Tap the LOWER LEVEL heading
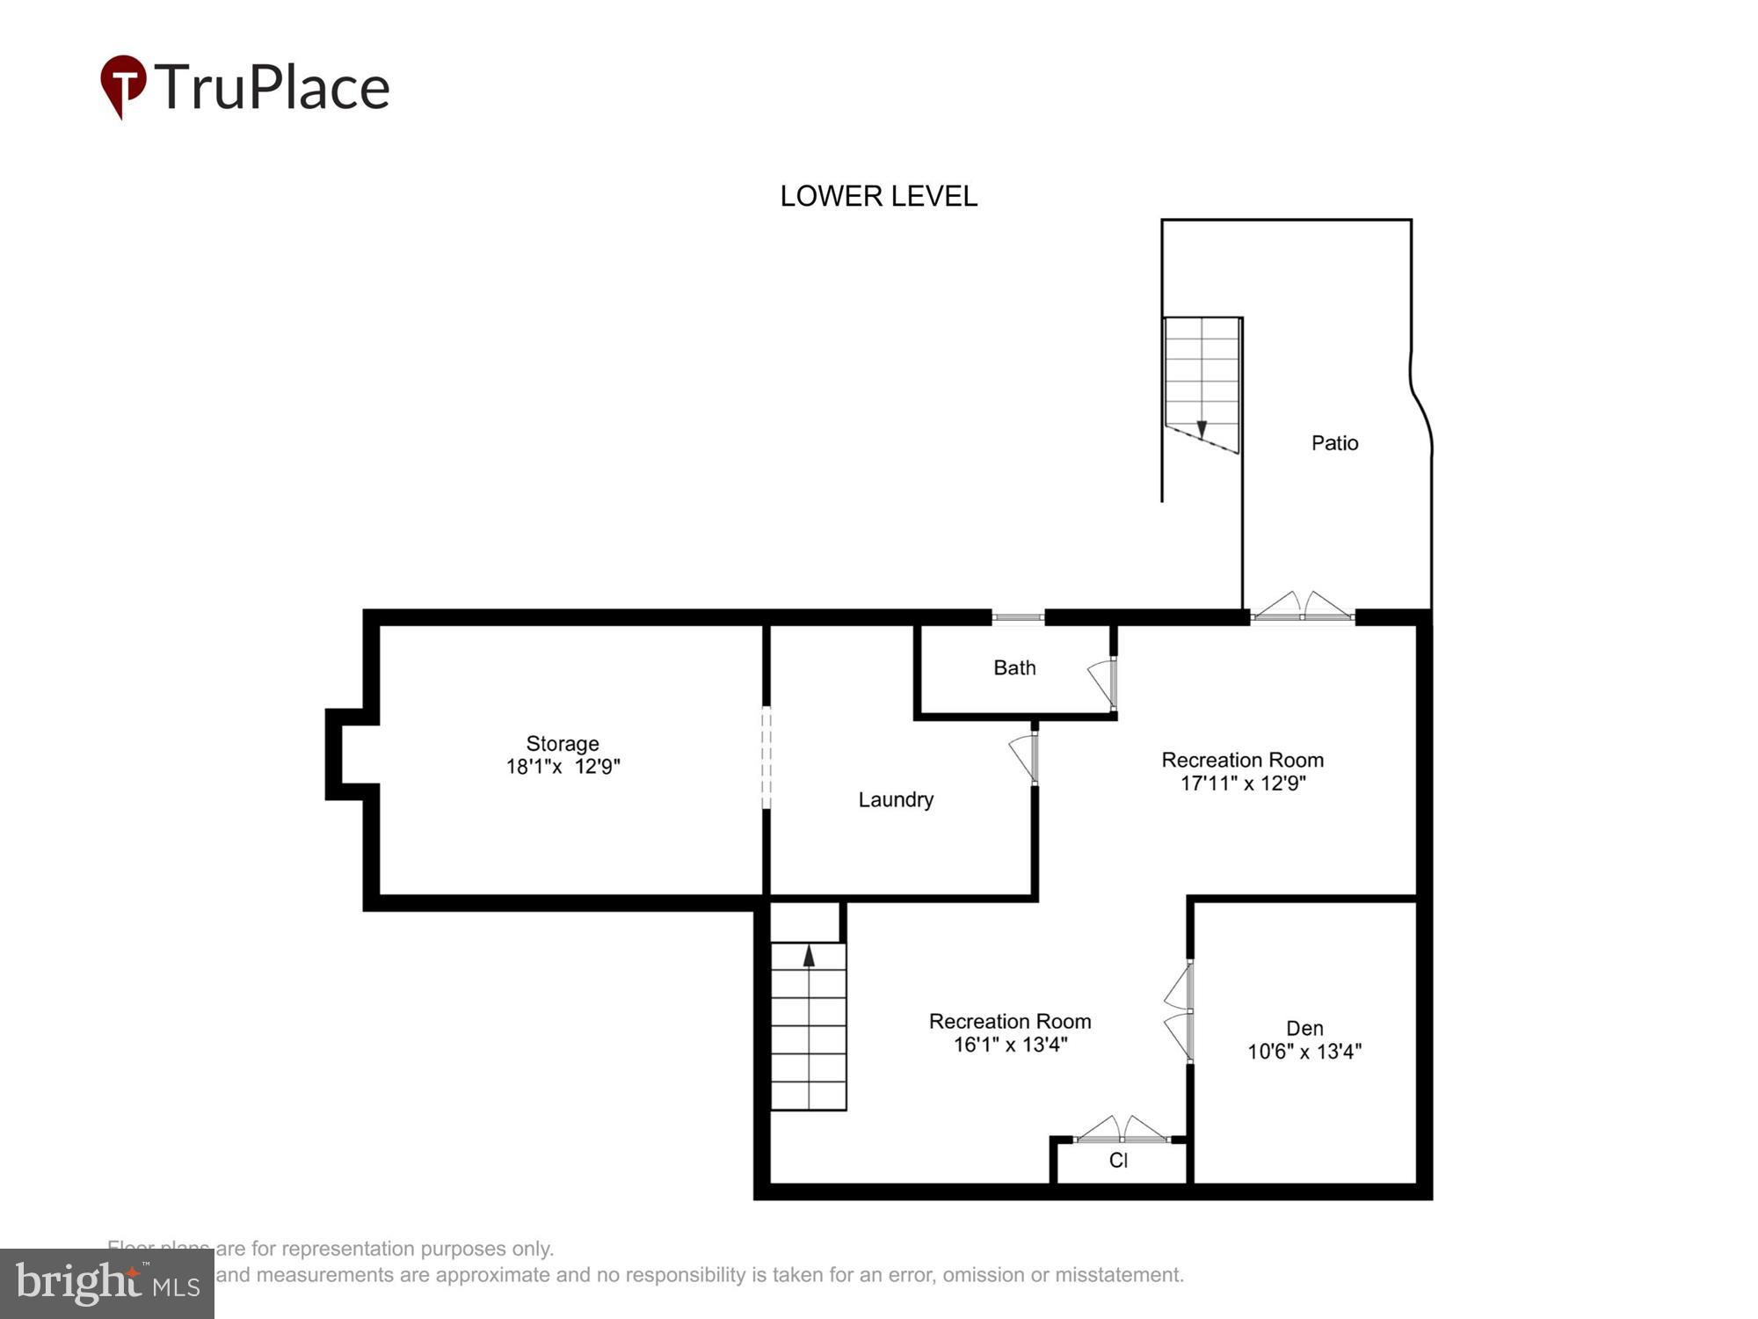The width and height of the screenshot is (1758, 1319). [878, 196]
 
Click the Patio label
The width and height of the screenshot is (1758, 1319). [1334, 443]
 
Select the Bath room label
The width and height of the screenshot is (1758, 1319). [1014, 668]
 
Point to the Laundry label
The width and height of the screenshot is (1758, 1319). [896, 800]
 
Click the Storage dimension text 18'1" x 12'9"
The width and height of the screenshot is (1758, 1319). [563, 767]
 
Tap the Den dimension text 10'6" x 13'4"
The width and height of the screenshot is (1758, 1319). [1304, 1052]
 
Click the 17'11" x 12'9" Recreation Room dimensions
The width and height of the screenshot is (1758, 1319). [1242, 783]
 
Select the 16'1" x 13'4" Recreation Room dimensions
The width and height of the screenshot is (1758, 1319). [1010, 1045]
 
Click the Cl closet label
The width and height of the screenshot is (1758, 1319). [1118, 1161]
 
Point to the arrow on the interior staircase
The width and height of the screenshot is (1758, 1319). [809, 956]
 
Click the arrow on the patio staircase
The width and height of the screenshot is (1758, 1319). [1202, 429]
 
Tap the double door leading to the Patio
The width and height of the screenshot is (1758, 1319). [1302, 608]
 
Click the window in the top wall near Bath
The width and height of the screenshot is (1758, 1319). [1018, 617]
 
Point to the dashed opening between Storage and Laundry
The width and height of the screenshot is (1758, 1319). [766, 757]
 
